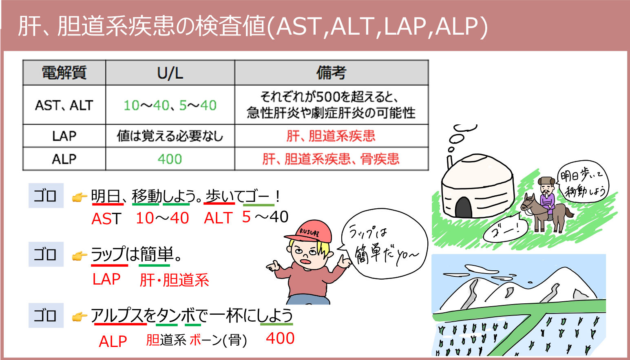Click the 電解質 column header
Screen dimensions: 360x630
[x=64, y=73]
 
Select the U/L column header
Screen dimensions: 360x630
[x=170, y=73]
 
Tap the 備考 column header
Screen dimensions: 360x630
[x=331, y=73]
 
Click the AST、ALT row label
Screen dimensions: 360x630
[x=64, y=105]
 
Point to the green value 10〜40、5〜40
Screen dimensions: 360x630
[x=170, y=105]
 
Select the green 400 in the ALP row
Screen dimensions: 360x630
[x=170, y=159]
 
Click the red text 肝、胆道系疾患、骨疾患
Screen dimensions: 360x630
[x=331, y=159]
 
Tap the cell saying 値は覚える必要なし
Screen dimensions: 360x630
[x=170, y=136]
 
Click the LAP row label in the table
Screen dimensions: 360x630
[x=64, y=136]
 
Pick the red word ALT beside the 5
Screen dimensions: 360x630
[x=219, y=218]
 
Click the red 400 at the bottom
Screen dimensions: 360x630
[x=280, y=338]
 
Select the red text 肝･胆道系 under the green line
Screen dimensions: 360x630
[x=174, y=280]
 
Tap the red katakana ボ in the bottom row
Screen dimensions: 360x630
[x=195, y=339]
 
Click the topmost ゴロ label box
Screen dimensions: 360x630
[x=46, y=196]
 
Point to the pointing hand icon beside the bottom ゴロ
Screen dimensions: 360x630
[x=80, y=316]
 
